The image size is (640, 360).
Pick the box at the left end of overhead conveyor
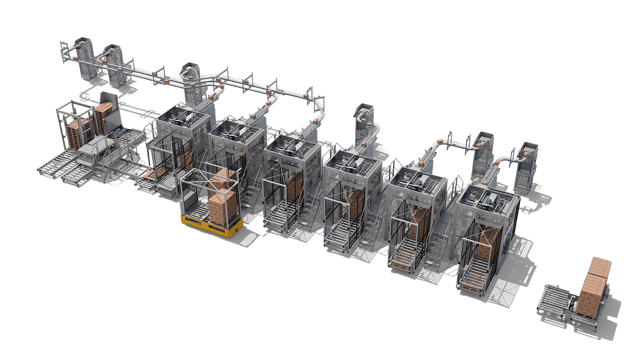[73, 57]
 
